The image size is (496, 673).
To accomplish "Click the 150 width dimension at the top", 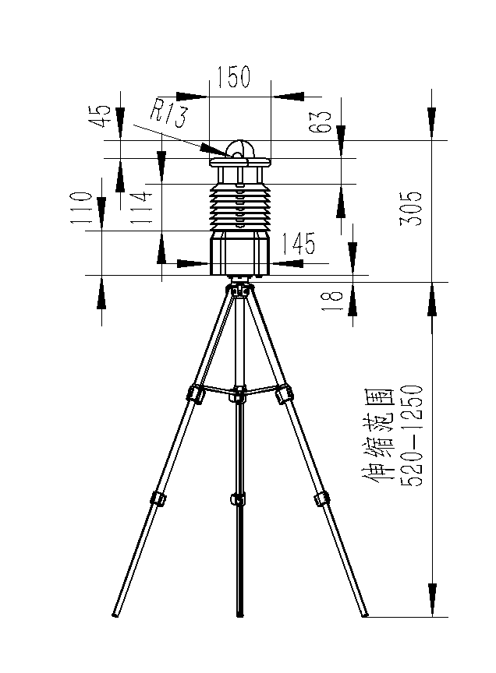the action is pyautogui.click(x=233, y=77).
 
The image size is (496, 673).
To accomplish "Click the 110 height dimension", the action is pyautogui.click(x=82, y=208).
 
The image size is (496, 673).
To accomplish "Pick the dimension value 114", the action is pyautogui.click(x=141, y=207).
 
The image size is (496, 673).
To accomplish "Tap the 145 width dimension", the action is pyautogui.click(x=298, y=243).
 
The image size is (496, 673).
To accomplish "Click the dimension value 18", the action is pyautogui.click(x=334, y=301).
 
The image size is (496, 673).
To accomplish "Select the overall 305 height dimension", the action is pyautogui.click(x=411, y=208).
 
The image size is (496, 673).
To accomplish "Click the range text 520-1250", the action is pyautogui.click(x=412, y=435).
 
